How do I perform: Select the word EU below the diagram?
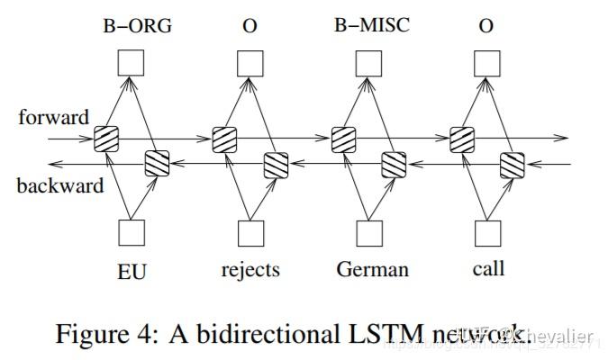132,269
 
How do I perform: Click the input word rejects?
250,269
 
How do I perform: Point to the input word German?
372,269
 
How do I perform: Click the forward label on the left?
53,117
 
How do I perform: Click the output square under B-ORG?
132,62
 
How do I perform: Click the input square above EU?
132,232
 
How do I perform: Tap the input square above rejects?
250,232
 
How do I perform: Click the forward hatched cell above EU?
106,139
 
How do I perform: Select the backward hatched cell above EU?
157,165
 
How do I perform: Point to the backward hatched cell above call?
513,165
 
